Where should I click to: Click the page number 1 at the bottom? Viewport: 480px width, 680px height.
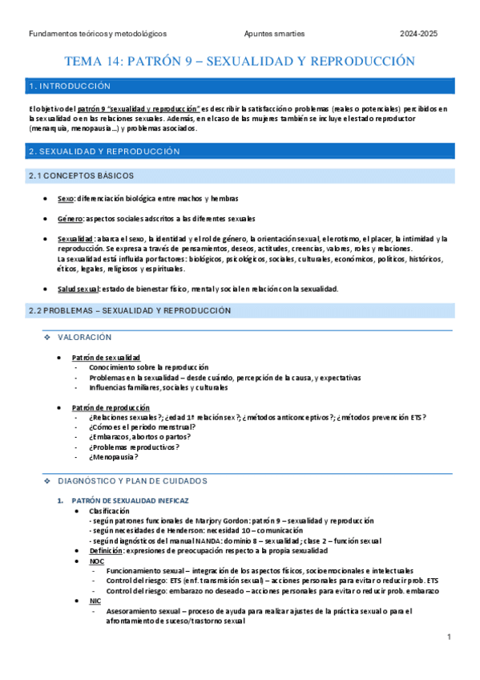tap(450, 637)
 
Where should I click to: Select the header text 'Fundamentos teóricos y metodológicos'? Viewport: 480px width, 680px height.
tap(97, 34)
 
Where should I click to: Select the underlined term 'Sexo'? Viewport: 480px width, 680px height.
tap(66, 198)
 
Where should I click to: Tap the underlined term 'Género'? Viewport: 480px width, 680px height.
tap(71, 218)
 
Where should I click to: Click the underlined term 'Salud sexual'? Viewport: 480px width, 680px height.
tap(79, 289)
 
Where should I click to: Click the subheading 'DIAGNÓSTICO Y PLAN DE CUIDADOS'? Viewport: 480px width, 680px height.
tap(133, 480)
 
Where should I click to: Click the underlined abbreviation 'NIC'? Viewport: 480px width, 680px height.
tap(95, 600)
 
